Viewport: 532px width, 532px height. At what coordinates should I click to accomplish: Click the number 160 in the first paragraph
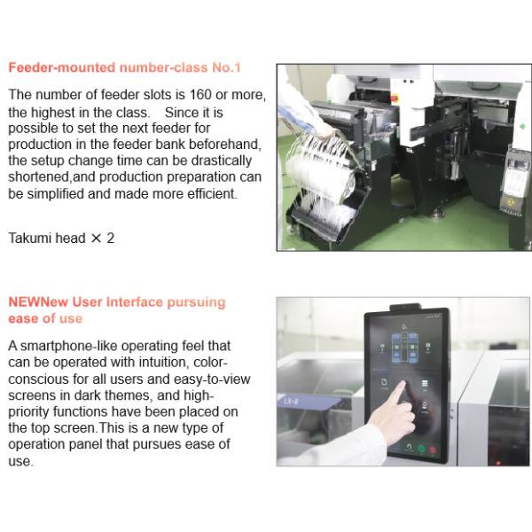click(x=200, y=95)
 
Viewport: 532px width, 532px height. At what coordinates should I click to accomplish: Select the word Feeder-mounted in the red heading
click(x=62, y=67)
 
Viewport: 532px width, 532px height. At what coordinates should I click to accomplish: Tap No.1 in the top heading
click(x=226, y=67)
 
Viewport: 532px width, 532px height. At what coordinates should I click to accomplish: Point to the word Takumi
click(x=29, y=238)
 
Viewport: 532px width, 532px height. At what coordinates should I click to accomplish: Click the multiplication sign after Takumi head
click(x=97, y=239)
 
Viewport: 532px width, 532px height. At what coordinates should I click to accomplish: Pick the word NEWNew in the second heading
click(x=38, y=302)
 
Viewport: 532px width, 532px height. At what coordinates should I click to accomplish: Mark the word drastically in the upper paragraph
click(x=222, y=160)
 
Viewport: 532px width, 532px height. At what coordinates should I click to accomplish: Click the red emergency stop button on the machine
click(x=395, y=98)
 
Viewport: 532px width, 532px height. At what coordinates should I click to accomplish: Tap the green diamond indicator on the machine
click(x=522, y=127)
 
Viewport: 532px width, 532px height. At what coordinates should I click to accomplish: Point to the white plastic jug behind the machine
click(x=338, y=87)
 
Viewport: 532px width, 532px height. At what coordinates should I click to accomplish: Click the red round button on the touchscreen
click(x=433, y=450)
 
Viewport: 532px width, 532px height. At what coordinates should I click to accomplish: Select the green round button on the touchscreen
click(x=421, y=449)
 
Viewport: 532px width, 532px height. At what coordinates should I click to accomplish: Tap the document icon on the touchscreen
click(x=384, y=382)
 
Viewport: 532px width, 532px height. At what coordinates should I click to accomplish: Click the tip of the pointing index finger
click(x=403, y=383)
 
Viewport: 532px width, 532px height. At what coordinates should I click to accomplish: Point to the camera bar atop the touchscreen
click(x=405, y=307)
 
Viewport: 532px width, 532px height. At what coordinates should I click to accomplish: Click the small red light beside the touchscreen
click(x=498, y=463)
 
